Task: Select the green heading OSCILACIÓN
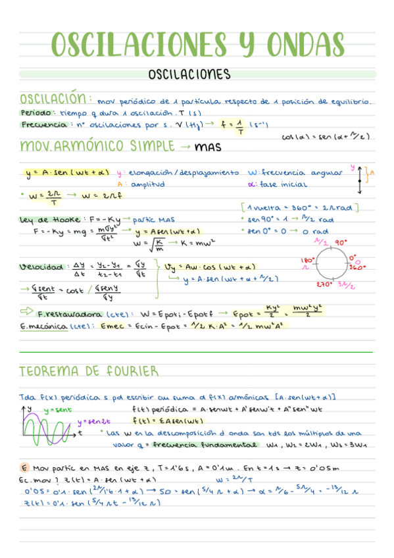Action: click(x=54, y=99)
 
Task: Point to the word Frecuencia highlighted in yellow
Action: click(x=43, y=124)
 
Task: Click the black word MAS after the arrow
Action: click(x=208, y=146)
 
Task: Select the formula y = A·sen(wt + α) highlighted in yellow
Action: click(x=67, y=174)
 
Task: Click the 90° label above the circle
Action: click(x=341, y=243)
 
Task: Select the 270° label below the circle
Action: click(x=323, y=284)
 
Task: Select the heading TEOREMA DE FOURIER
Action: click(x=89, y=370)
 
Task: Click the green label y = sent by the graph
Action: click(x=57, y=410)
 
